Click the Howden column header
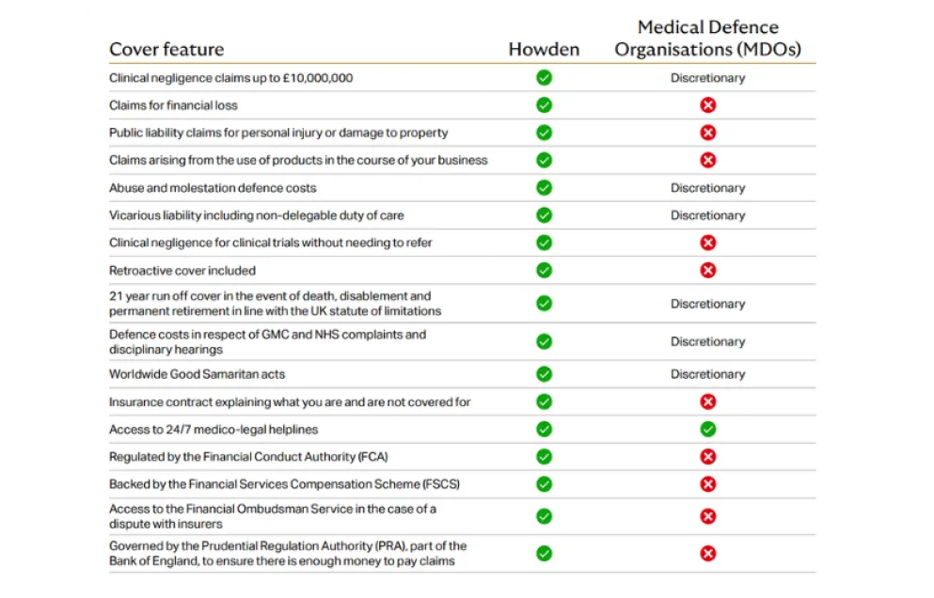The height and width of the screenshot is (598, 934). pyautogui.click(x=544, y=49)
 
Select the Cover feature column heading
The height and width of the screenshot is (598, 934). pyautogui.click(x=166, y=49)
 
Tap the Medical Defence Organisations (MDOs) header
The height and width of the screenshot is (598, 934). pyautogui.click(x=707, y=39)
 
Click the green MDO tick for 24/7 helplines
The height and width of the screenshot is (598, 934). pyautogui.click(x=707, y=429)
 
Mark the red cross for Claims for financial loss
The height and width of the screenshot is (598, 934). pyautogui.click(x=707, y=105)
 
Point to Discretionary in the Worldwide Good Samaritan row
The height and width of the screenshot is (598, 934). pyautogui.click(x=707, y=374)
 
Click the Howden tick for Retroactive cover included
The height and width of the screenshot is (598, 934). pyautogui.click(x=544, y=271)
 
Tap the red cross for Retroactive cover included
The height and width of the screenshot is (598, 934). pyautogui.click(x=707, y=271)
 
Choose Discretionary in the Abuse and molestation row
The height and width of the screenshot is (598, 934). pyautogui.click(x=707, y=188)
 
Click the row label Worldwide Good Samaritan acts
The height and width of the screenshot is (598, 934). pyautogui.click(x=198, y=374)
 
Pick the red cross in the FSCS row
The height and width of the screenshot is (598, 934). pyautogui.click(x=707, y=484)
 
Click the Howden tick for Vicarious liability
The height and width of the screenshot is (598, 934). pyautogui.click(x=544, y=215)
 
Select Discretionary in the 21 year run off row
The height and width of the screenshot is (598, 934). pyautogui.click(x=707, y=304)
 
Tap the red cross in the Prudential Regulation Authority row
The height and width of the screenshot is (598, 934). pyautogui.click(x=707, y=553)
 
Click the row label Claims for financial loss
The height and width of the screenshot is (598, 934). pyautogui.click(x=173, y=105)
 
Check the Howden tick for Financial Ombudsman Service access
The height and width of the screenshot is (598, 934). pyautogui.click(x=544, y=516)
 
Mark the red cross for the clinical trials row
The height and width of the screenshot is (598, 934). pyautogui.click(x=707, y=243)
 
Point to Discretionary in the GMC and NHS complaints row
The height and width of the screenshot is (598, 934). pyautogui.click(x=707, y=341)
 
